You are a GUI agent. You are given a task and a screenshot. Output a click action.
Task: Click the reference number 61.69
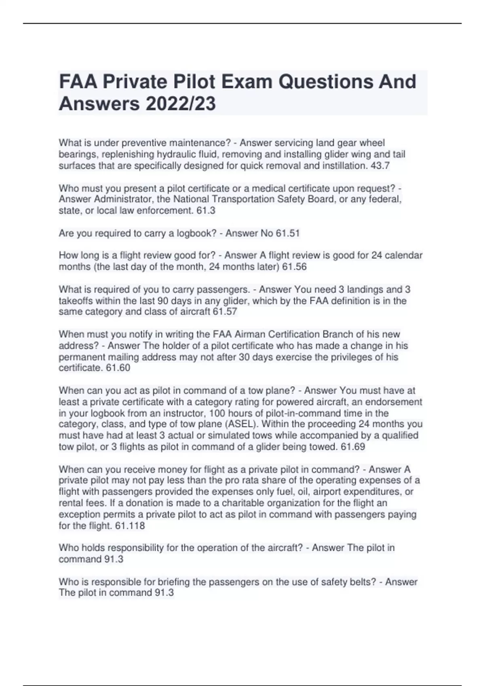pos(353,447)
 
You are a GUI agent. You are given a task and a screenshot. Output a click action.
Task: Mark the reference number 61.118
pos(130,526)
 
